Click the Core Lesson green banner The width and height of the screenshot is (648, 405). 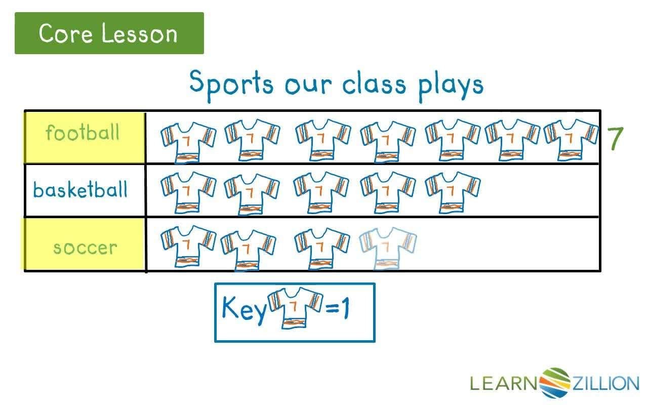109,33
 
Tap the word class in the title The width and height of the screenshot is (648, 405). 374,85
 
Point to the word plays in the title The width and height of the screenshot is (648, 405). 451,85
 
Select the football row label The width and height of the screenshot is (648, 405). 83,133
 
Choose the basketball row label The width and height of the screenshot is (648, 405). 80,190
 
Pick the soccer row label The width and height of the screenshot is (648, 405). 85,248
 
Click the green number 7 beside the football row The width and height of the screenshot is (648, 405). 616,139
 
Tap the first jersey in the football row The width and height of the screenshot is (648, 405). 188,141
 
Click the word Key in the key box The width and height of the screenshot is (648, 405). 244,309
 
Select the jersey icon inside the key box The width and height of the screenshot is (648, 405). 295,308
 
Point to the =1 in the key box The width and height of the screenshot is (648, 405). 338,308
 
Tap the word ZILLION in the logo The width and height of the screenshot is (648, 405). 605,383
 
